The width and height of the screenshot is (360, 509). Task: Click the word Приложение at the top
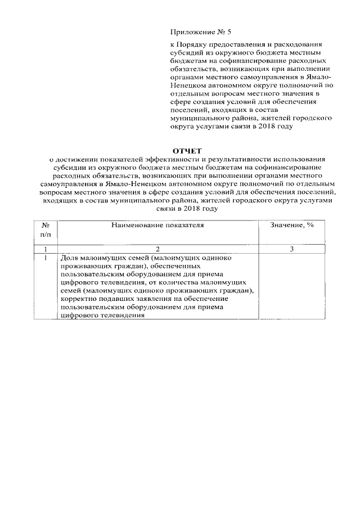[190, 33]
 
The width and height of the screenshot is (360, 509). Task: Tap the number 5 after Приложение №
[222, 33]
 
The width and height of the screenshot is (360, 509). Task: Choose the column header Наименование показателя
[157, 225]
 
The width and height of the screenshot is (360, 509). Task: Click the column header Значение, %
[291, 225]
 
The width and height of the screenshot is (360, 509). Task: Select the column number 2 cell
[157, 249]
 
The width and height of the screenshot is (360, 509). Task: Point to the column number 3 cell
[291, 249]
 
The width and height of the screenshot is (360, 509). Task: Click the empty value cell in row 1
[291, 286]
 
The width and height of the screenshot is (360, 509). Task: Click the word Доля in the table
[70, 257]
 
